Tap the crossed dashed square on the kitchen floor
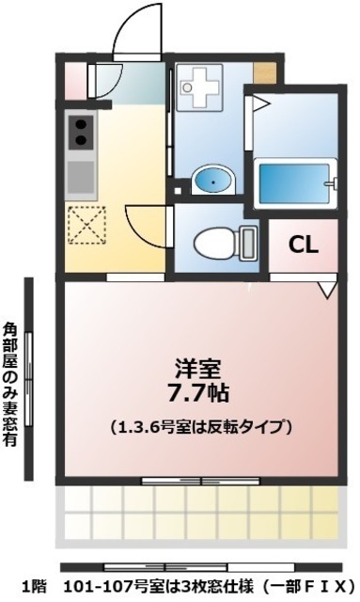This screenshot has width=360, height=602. (x=86, y=223)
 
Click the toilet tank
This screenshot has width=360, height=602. (x=248, y=243)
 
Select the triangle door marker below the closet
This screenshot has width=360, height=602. (x=326, y=292)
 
